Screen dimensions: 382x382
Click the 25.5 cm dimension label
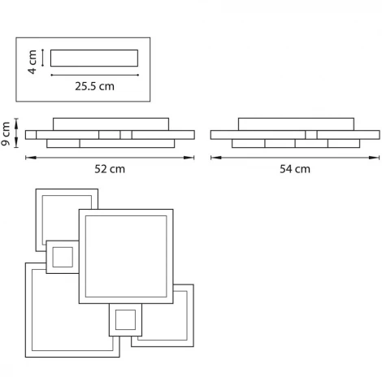click(x=94, y=86)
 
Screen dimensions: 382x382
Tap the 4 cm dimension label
click(x=33, y=62)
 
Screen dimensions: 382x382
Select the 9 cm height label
click(x=6, y=133)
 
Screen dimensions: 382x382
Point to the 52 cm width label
click(x=110, y=169)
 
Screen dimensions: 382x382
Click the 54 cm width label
click(x=295, y=169)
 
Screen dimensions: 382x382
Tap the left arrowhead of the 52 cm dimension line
click(x=31, y=158)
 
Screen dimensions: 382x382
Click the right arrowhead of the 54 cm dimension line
click(x=374, y=158)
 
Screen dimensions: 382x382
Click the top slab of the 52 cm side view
click(x=111, y=124)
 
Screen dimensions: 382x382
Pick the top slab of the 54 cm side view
click(x=296, y=124)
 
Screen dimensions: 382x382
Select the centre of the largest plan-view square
click(x=126, y=256)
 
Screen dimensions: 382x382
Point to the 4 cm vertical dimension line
click(x=43, y=58)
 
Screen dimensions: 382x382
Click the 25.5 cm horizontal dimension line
click(x=95, y=75)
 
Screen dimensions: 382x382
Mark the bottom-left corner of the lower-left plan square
click(x=26, y=357)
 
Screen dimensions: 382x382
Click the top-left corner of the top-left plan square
click(x=36, y=189)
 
